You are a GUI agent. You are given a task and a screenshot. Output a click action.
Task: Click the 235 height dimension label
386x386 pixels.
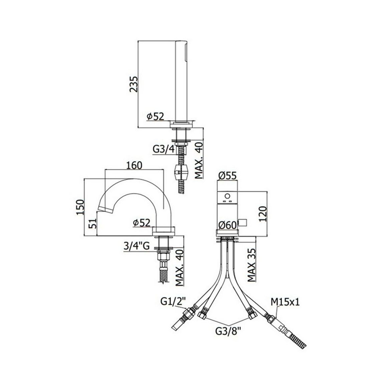[134, 84]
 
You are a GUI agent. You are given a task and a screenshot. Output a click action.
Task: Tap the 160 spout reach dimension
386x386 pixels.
[134, 165]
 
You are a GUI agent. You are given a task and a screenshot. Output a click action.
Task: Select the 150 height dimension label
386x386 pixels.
[80, 207]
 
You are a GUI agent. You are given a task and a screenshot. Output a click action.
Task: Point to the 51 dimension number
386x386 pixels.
[93, 223]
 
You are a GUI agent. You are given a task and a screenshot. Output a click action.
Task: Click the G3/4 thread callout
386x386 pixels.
[164, 150]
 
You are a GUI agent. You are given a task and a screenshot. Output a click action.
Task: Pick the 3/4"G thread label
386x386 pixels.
[137, 246]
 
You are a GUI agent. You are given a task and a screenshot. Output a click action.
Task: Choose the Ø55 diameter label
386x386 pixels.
[227, 175]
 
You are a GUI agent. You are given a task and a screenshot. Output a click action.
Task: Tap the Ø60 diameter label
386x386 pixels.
[227, 225]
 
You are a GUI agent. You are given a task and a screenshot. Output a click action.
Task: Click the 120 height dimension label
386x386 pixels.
[263, 214]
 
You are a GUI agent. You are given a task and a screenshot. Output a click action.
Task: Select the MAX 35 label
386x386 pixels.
[251, 265]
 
